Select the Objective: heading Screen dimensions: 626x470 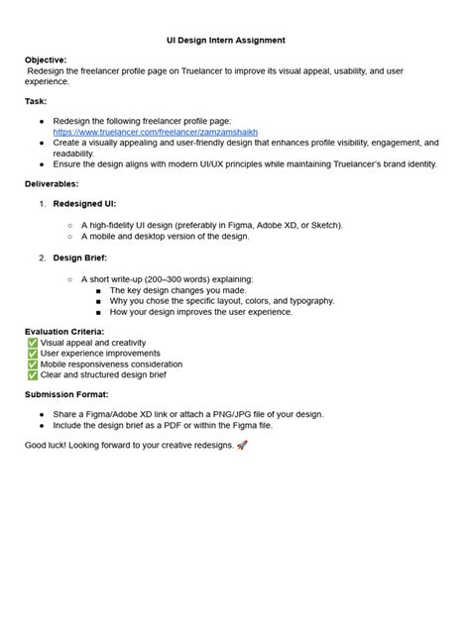pyautogui.click(x=47, y=59)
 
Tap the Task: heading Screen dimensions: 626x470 pyautogui.click(x=36, y=101)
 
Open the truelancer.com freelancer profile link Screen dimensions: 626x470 pyautogui.click(x=155, y=131)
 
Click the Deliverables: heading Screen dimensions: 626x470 pyautogui.click(x=52, y=183)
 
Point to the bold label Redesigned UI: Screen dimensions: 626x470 pyautogui.click(x=84, y=203)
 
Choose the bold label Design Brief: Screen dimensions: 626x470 pyautogui.click(x=80, y=258)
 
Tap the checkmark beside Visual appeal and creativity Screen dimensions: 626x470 pyautogui.click(x=32, y=342)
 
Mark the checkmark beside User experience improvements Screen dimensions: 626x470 pyautogui.click(x=32, y=353)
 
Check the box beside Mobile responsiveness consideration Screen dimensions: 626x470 pyautogui.click(x=32, y=364)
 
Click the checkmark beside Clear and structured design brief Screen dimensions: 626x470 pyautogui.click(x=32, y=375)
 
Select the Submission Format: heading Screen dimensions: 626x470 pyautogui.click(x=66, y=394)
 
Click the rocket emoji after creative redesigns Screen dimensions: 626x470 pyautogui.click(x=242, y=446)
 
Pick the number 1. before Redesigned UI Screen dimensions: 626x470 pyautogui.click(x=43, y=203)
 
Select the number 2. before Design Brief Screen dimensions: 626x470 pyautogui.click(x=43, y=258)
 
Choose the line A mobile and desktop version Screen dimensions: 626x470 pyautogui.click(x=165, y=236)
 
